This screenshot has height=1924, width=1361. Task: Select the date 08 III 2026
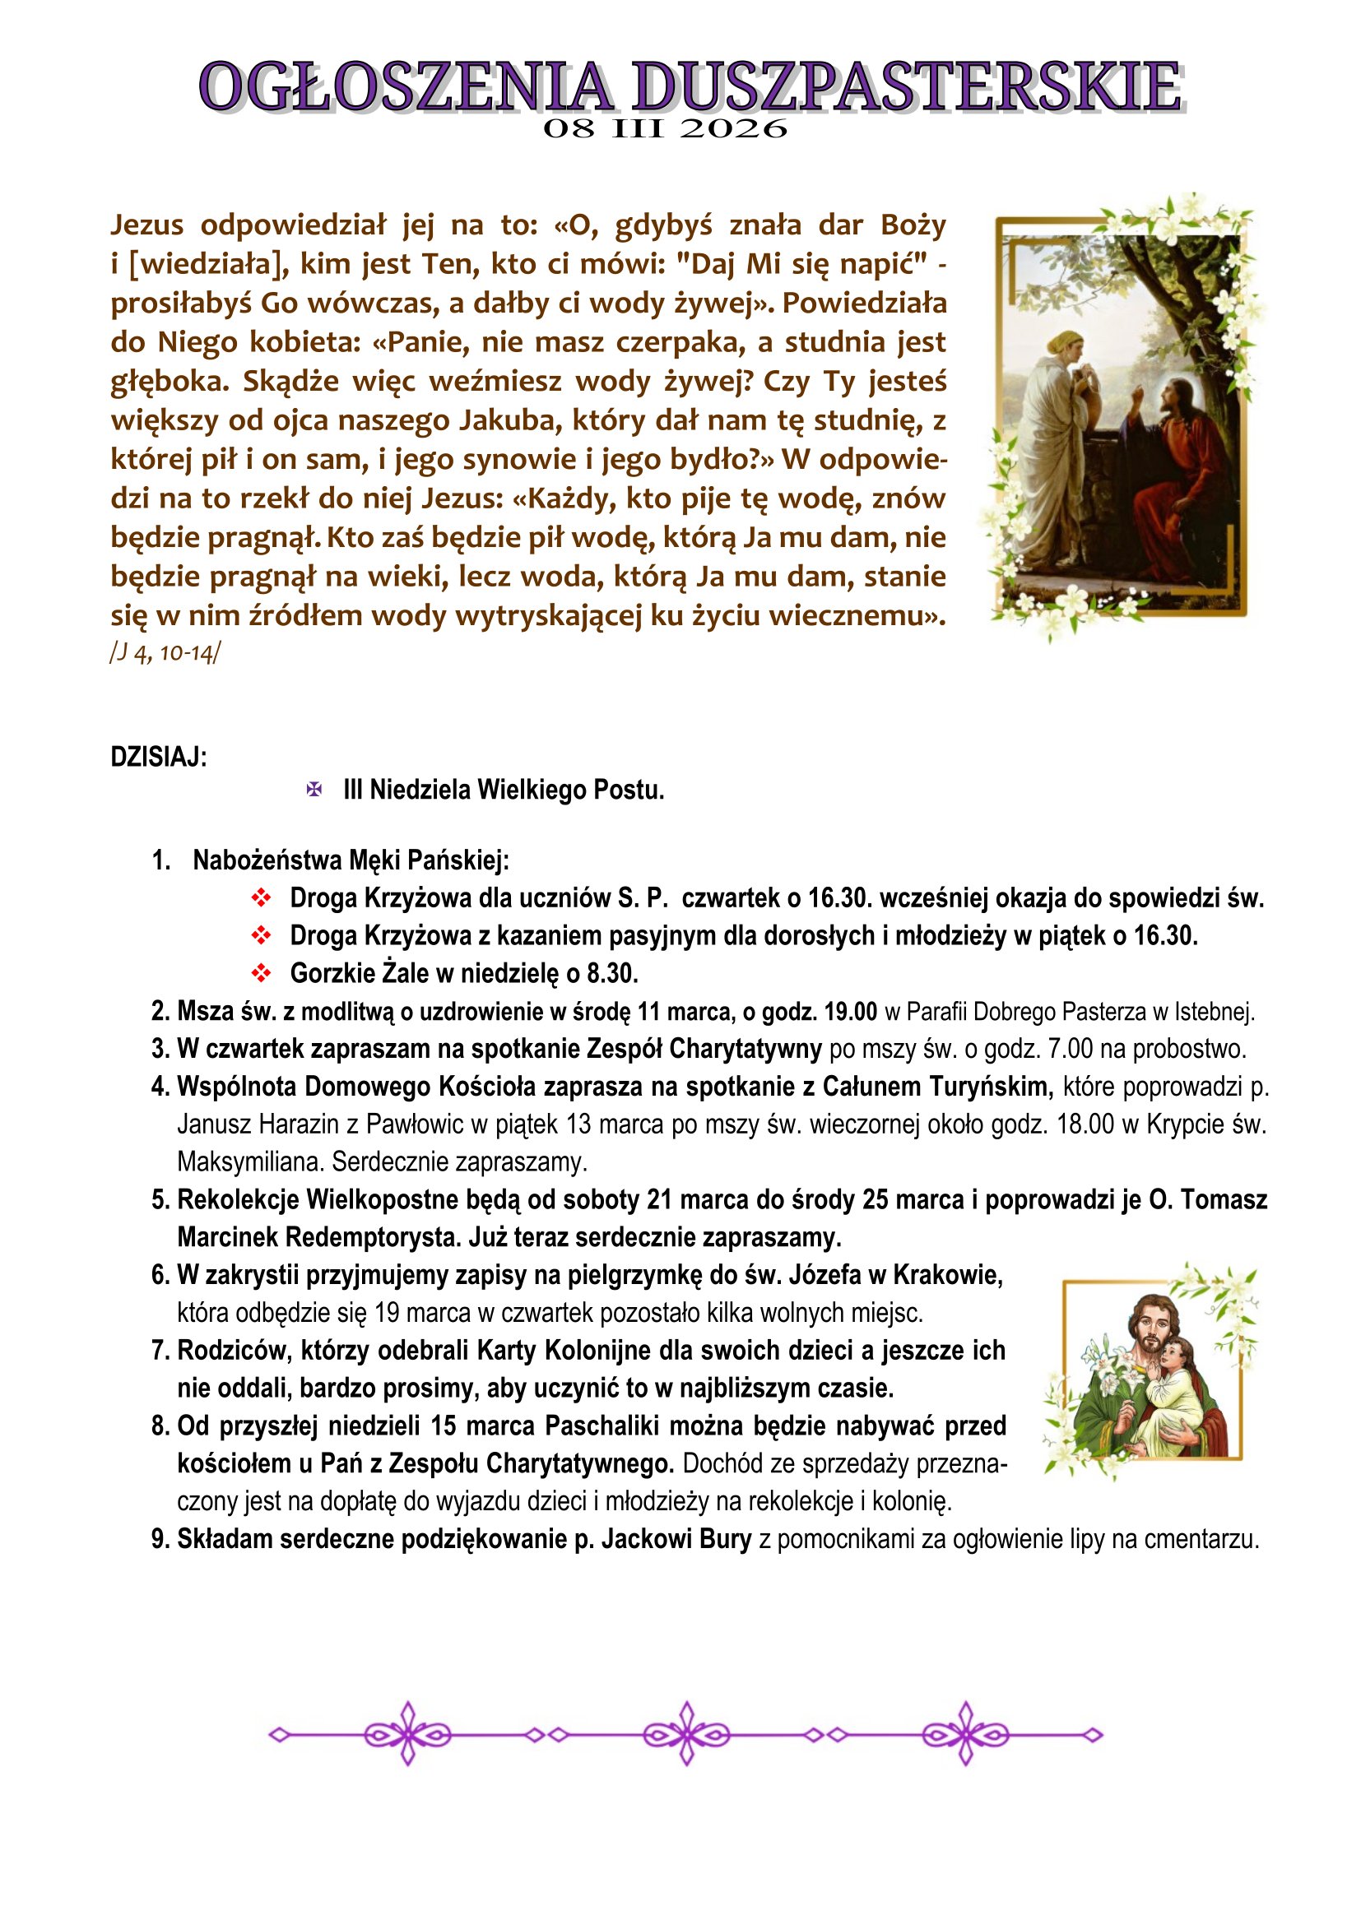[x=666, y=129]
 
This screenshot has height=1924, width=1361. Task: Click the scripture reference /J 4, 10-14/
[x=165, y=653]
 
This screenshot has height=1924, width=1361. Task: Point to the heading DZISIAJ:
[x=158, y=757]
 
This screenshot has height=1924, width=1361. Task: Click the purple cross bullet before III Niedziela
[x=314, y=790]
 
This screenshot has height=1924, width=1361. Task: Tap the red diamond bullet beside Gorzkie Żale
[x=262, y=973]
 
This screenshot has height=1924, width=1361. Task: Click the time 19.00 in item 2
[x=851, y=1012]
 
